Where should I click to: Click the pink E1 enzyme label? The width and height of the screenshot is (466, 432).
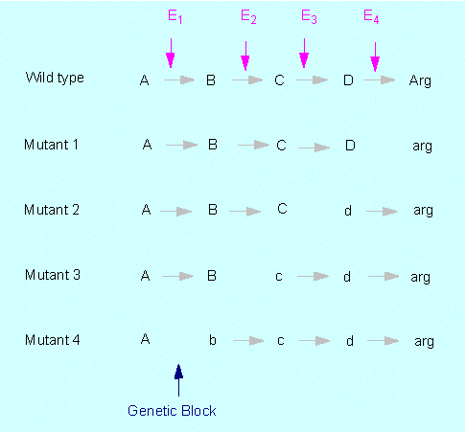coord(175,16)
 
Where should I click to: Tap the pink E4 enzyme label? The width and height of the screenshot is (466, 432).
coord(371,16)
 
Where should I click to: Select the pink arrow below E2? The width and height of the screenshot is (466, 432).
coord(245,56)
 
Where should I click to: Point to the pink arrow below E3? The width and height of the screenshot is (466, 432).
coord(304,54)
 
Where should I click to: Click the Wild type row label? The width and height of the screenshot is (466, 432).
coord(55,78)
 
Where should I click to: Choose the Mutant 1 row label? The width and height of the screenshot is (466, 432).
coord(51,145)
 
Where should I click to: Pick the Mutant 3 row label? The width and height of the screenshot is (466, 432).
coord(53,275)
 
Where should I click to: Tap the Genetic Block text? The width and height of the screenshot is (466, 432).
coord(172,411)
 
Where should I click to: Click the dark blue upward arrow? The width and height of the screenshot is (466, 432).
coord(178,380)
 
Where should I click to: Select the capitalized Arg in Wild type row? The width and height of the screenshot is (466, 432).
coord(420,80)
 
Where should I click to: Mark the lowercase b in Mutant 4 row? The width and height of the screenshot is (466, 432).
coord(213,340)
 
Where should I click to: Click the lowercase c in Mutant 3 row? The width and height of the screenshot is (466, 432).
coord(279,277)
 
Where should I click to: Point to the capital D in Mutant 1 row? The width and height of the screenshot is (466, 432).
coord(350,146)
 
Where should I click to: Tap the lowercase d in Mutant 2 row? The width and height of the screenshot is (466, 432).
coord(348,211)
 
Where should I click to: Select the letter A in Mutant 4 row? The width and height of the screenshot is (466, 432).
coord(145,339)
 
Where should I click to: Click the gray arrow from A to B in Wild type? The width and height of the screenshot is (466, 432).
coord(179,80)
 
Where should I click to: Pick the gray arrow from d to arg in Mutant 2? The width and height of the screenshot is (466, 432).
coord(382,212)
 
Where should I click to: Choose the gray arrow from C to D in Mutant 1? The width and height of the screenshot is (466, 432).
coord(314,148)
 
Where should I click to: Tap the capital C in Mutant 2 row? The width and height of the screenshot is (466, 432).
coord(282,209)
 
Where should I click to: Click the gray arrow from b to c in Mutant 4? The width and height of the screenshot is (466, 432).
coord(248,341)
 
